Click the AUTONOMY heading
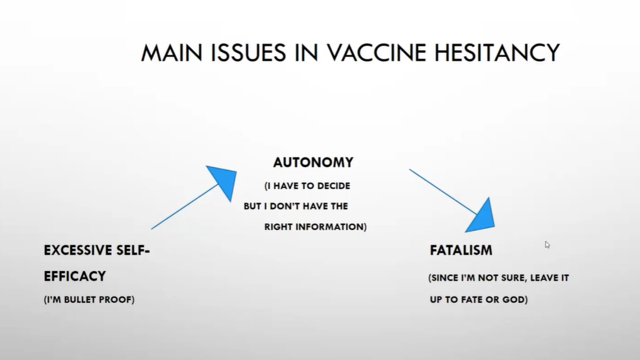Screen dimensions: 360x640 click(x=313, y=162)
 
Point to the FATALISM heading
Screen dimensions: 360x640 click(x=461, y=250)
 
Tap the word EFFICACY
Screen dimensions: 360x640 click(x=75, y=276)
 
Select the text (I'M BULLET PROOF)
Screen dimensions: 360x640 click(x=89, y=300)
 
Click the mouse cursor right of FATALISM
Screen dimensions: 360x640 click(x=547, y=244)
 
